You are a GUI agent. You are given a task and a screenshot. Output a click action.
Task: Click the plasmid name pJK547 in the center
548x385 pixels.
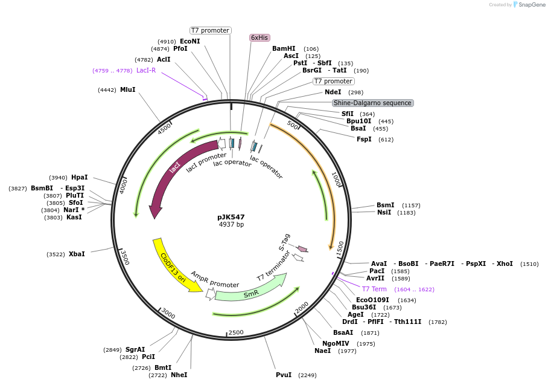(231, 217)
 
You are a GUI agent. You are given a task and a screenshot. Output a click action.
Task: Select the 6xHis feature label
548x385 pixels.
(260, 37)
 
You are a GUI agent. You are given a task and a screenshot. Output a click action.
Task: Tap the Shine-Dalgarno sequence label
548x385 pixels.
(372, 103)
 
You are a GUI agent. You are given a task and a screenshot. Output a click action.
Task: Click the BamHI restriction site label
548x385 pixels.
(284, 48)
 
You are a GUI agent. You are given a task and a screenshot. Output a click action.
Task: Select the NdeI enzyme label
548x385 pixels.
(333, 92)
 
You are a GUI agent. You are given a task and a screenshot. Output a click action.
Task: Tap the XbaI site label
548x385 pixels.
(77, 254)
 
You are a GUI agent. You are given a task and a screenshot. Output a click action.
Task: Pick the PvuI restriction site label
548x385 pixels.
(284, 375)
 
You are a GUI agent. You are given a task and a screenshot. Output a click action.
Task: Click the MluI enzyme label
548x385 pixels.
(127, 89)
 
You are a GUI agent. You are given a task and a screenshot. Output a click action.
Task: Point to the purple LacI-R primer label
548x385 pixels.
(146, 70)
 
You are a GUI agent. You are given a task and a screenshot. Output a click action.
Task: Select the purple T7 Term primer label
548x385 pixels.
(374, 289)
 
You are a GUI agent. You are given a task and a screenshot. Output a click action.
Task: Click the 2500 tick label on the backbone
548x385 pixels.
(236, 332)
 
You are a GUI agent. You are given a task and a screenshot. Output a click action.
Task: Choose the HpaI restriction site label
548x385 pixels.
(79, 177)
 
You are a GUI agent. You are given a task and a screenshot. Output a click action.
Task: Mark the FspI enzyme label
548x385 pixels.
(364, 139)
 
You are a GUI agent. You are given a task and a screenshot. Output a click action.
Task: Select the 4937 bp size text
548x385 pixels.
(231, 225)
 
